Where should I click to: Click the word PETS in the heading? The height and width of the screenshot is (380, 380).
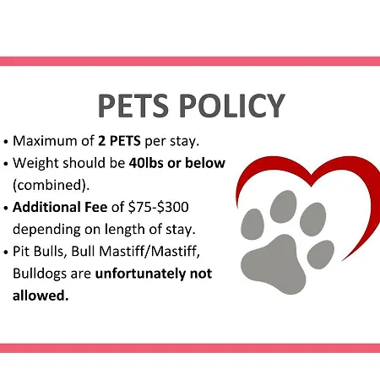coord(133,106)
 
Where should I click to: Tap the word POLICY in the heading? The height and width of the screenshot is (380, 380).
coord(232,106)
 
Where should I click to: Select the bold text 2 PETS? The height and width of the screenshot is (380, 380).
coord(119,141)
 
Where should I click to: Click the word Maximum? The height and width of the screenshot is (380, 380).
coord(45,141)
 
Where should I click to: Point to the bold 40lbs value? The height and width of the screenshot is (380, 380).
coord(146,163)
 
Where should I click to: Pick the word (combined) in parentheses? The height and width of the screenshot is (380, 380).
coord(50,185)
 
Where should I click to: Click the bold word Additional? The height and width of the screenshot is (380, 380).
coord(46,207)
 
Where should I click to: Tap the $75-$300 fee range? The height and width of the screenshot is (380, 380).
coord(158,207)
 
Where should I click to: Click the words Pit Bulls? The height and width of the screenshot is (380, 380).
coord(38,251)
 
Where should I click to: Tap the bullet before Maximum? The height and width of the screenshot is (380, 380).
coord(6,142)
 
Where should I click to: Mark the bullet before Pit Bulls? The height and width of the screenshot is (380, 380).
coord(6,252)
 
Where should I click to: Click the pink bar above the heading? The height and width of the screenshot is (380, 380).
coord(190,61)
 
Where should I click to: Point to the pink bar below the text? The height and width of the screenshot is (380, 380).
coord(190,348)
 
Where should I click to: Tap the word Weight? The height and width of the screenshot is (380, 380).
coord(35,163)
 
